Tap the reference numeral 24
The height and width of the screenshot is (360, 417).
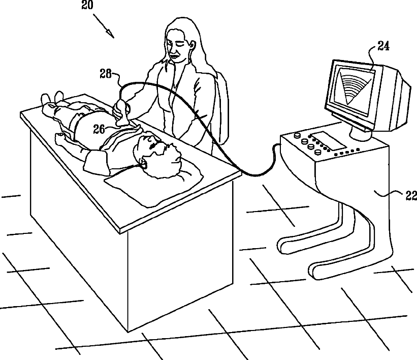click(x=383, y=47)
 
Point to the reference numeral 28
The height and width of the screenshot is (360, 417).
click(x=106, y=74)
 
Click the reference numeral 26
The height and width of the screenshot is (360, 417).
click(x=99, y=129)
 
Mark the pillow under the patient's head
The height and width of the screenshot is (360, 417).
click(x=157, y=183)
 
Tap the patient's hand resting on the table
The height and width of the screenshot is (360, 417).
click(x=59, y=136)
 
